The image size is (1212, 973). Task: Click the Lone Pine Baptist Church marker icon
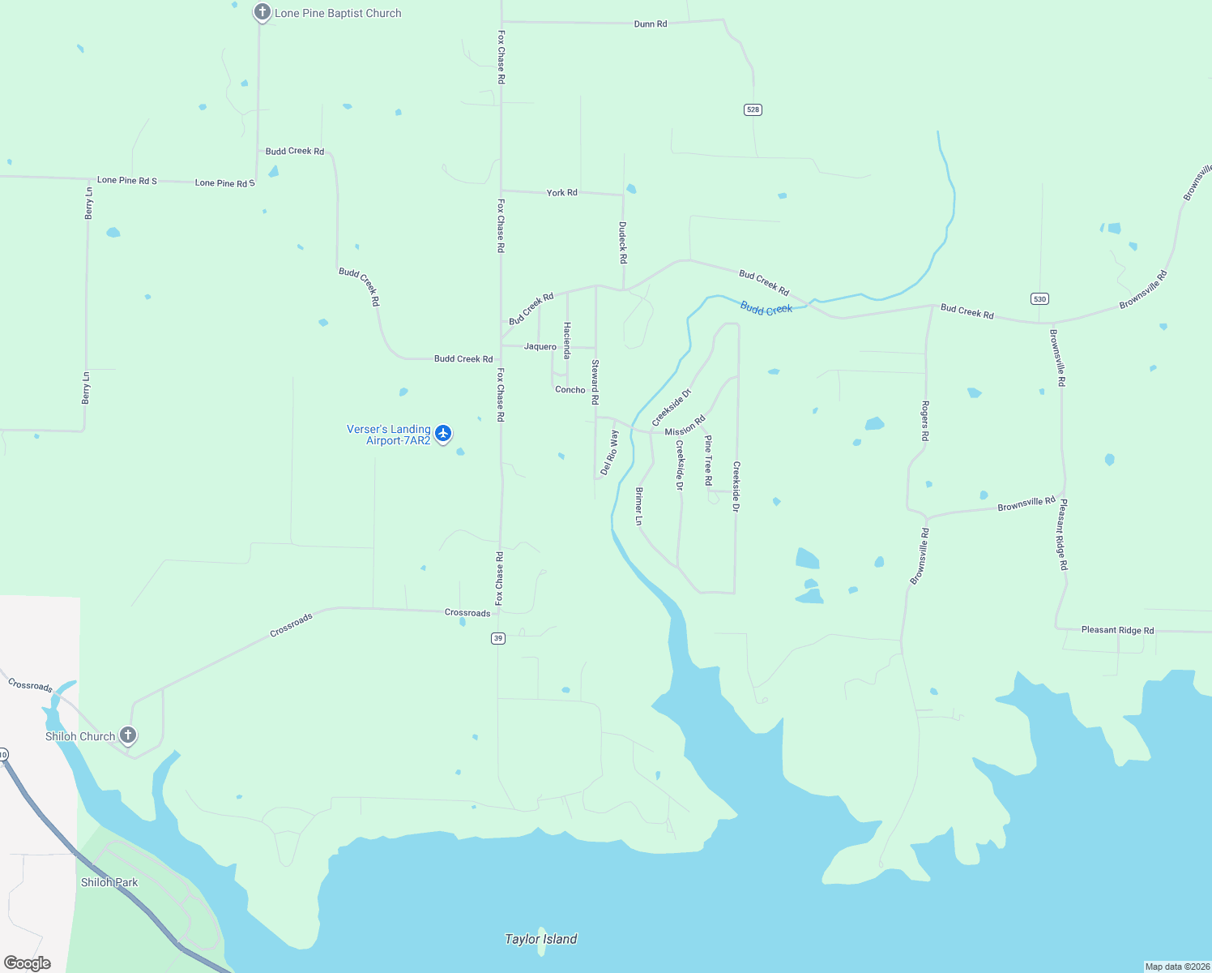click(x=262, y=12)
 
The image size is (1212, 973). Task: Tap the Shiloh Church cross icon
click(x=128, y=735)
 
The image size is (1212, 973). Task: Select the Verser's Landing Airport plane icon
click(x=443, y=433)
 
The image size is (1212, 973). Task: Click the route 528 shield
click(x=753, y=109)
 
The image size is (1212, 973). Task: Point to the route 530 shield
click(x=1040, y=298)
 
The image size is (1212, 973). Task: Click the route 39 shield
click(x=498, y=638)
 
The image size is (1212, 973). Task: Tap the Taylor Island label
click(x=540, y=939)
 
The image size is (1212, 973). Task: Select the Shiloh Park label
click(x=109, y=882)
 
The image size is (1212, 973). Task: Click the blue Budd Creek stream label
click(x=766, y=308)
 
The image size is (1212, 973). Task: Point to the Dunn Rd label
click(x=651, y=24)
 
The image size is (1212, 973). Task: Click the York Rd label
click(x=561, y=193)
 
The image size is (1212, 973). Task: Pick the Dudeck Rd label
click(x=623, y=242)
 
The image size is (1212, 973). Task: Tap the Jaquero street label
click(x=540, y=346)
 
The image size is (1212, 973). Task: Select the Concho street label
click(x=570, y=390)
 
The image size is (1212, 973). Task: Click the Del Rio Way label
click(x=609, y=452)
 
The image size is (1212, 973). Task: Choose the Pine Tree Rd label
click(x=708, y=461)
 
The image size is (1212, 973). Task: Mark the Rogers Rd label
click(x=925, y=420)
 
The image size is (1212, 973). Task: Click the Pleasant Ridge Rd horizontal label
click(x=1117, y=630)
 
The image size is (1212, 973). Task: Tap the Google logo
click(x=28, y=963)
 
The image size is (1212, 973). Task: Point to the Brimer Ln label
click(x=639, y=506)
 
